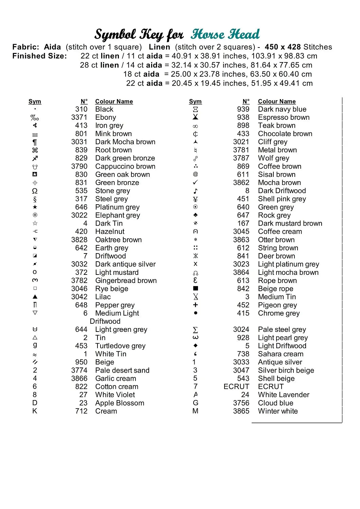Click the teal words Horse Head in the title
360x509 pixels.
[x=225, y=34]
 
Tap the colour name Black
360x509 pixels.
[x=104, y=109]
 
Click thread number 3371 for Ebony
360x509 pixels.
[x=79, y=117]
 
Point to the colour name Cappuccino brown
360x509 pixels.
[x=125, y=166]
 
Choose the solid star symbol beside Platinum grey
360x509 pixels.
[x=35, y=207]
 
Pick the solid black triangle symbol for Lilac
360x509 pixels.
[x=35, y=297]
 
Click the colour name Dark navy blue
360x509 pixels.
[x=282, y=109]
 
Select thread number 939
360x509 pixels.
[x=243, y=109]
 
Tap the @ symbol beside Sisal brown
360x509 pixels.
[x=195, y=174]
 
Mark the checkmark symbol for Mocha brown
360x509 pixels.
[x=195, y=183]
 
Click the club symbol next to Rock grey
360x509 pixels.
[x=195, y=215]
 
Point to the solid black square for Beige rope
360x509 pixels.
[x=195, y=288]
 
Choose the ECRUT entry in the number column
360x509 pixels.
[x=236, y=387]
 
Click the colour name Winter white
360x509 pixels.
[x=278, y=411]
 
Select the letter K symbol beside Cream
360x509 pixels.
[x=35, y=411]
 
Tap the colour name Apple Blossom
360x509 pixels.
[x=120, y=403]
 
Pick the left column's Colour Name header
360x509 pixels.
[x=114, y=101]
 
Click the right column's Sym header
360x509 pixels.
[x=195, y=101]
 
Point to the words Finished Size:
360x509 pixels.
[x=40, y=56]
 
